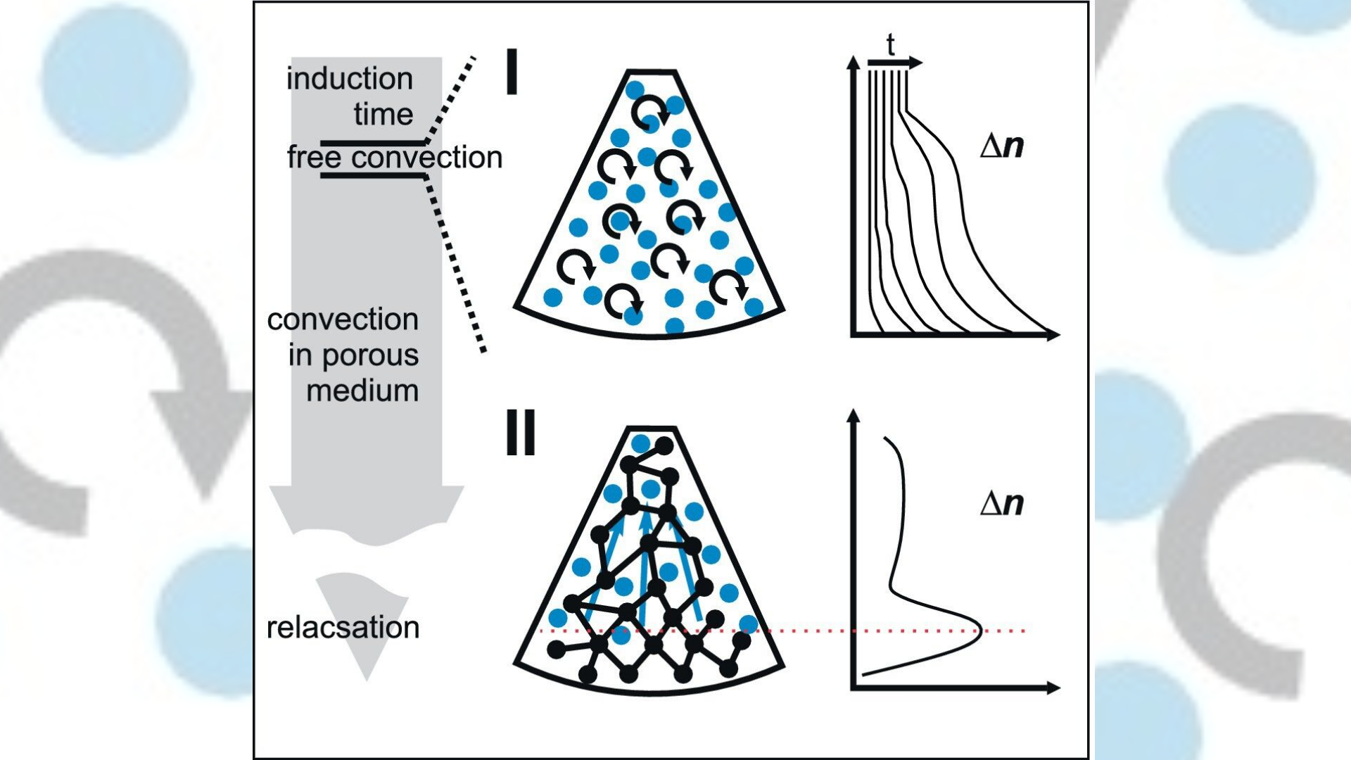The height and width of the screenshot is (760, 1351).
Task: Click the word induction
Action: point(349,79)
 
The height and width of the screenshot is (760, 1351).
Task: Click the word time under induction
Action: point(383,114)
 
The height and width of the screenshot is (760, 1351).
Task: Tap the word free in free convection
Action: point(315,158)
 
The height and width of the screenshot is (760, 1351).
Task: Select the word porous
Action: point(370,355)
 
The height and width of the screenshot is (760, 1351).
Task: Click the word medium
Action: point(362,391)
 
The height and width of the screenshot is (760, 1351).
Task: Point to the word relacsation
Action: point(343,628)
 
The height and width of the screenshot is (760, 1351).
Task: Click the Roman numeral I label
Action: point(512,72)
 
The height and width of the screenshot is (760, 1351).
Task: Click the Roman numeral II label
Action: point(521,433)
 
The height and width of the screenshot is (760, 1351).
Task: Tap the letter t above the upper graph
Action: point(890,45)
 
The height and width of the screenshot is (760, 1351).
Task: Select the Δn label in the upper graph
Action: point(1002,146)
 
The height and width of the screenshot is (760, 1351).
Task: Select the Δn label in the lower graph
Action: point(1002,503)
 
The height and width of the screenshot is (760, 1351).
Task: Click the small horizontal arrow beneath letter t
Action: point(894,63)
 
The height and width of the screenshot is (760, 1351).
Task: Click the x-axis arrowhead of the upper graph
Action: point(1053,335)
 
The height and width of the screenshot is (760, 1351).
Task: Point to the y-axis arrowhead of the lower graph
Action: point(854,415)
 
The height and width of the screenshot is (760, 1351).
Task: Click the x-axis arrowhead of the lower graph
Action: point(1053,688)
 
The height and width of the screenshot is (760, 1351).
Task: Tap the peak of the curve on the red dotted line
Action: point(979,631)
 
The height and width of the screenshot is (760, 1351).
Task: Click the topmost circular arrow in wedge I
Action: point(648,110)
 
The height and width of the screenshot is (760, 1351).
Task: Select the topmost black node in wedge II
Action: point(664,445)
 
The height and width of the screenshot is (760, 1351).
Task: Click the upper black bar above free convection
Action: point(373,142)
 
